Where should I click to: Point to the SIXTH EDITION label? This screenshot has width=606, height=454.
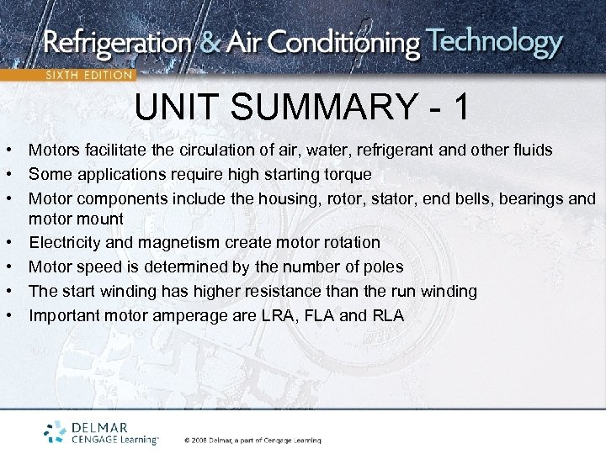(88, 75)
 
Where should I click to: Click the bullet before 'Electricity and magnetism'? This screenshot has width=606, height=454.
(7, 243)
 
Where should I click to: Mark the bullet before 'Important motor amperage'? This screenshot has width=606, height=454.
(7, 316)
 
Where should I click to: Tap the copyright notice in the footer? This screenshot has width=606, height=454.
(252, 440)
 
